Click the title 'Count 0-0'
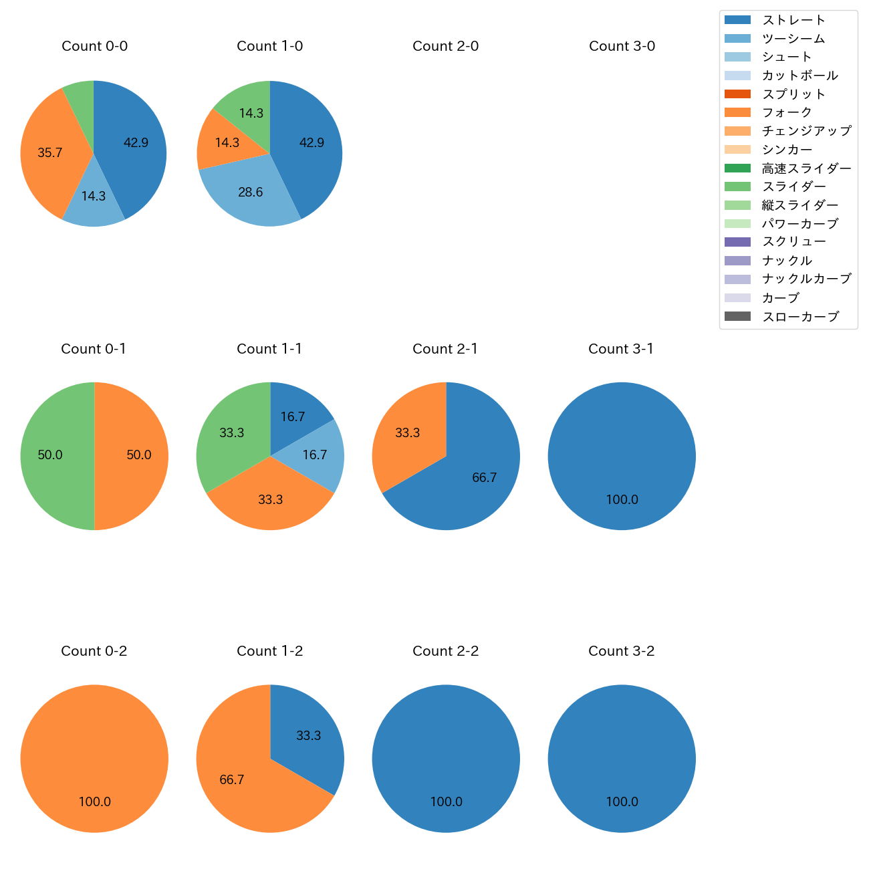(94, 46)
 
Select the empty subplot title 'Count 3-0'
(622, 46)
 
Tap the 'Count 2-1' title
(445, 349)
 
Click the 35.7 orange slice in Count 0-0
(50, 153)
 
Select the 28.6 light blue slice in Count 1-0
(251, 193)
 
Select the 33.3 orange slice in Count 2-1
(408, 432)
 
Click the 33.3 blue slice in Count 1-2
(309, 735)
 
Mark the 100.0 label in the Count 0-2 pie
(94, 802)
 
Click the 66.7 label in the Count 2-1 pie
(484, 478)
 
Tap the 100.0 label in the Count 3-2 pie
(622, 802)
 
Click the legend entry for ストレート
(793, 20)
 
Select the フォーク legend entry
(787, 112)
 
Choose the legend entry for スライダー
(793, 187)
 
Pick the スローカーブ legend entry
(800, 317)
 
